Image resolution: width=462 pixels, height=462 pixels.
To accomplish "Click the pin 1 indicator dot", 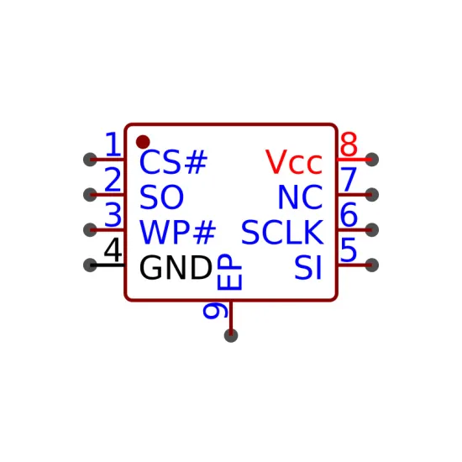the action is [x=143, y=142].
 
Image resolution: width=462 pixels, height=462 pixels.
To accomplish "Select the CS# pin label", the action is [x=174, y=162].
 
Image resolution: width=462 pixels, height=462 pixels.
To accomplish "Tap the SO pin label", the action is [x=161, y=197].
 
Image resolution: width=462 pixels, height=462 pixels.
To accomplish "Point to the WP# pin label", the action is [x=178, y=232].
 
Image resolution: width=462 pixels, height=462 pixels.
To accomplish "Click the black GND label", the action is [x=176, y=267].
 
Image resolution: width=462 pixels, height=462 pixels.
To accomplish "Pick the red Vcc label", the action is [x=294, y=162].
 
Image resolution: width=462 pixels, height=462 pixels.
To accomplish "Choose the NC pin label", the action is [x=300, y=197].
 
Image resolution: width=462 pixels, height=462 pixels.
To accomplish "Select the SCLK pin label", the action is [x=282, y=232].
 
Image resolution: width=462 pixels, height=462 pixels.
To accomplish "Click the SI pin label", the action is [x=308, y=267].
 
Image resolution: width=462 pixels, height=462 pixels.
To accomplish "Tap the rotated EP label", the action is [x=229, y=272].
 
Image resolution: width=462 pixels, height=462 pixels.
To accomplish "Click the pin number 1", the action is [x=113, y=144].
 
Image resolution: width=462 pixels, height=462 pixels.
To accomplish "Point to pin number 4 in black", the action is [x=113, y=249].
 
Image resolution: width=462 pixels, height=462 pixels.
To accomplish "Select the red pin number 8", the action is [x=349, y=144].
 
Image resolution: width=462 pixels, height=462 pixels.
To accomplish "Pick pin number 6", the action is [x=349, y=214].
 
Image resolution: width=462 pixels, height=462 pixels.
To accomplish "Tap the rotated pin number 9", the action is [x=216, y=310].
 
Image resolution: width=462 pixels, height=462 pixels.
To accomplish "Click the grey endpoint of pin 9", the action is [x=231, y=336].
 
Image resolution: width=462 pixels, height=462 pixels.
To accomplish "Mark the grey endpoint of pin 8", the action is [x=372, y=160].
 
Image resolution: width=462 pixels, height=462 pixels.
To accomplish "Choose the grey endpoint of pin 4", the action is [x=90, y=265].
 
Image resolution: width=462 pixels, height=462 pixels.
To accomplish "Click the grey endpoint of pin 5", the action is [x=372, y=265].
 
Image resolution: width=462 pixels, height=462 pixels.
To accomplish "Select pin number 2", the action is [x=113, y=179].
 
